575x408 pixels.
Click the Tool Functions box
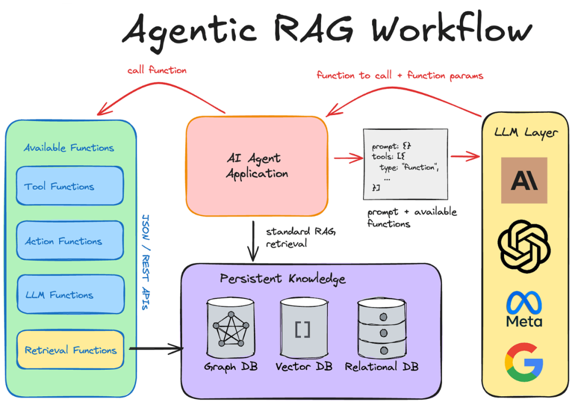coord(70,186)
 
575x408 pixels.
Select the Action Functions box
coord(70,241)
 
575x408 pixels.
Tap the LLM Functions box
coord(70,295)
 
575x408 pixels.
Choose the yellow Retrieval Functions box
coord(70,350)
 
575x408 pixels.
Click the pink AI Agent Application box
coord(257,166)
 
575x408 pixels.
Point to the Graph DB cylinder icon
coord(231,328)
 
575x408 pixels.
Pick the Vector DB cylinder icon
coord(303,328)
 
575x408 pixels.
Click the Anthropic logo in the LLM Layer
coord(524,180)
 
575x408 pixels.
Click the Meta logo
coord(524,309)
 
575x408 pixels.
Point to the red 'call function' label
coord(157,70)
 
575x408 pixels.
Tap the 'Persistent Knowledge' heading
coord(283,279)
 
